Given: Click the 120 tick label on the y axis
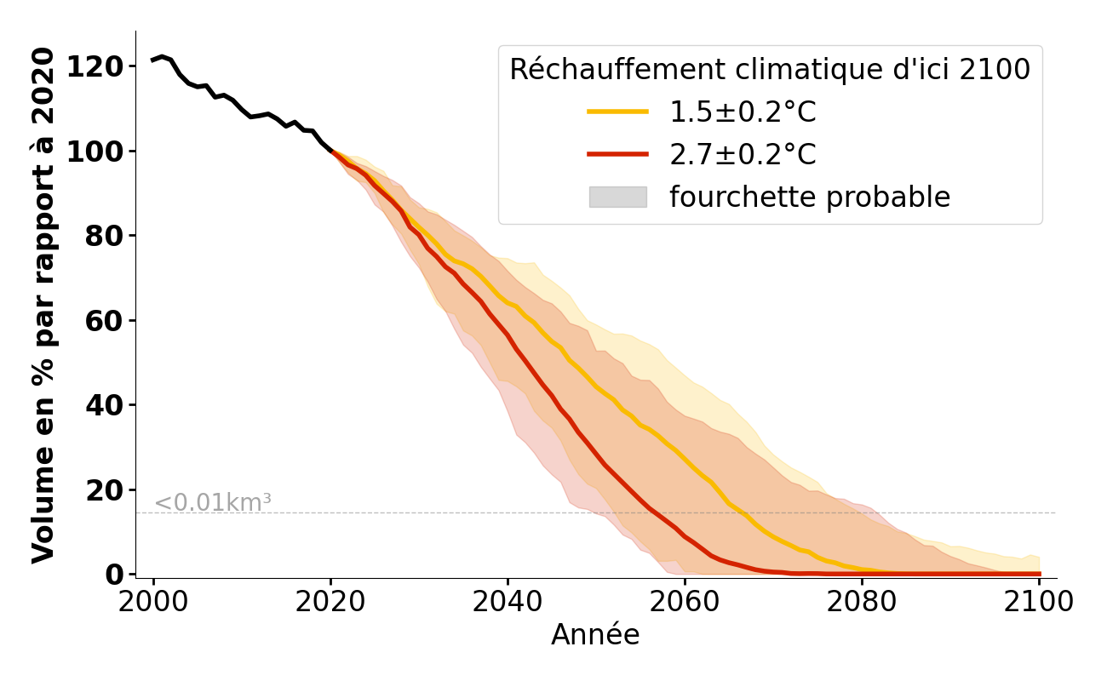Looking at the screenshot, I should pos(95,66).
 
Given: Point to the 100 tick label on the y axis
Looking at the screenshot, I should pos(95,152).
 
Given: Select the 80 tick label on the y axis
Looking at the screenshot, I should pos(103,236).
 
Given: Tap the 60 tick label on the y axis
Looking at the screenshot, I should pos(103,321).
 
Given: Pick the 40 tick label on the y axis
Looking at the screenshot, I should pos(103,405).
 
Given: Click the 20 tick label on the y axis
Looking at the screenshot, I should pos(103,490).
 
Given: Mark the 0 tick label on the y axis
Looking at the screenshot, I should pos(113,575).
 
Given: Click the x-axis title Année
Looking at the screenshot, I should pos(595,635).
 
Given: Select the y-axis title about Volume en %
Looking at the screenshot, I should pos(43,305).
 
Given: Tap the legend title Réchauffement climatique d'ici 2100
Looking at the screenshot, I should pos(770,70).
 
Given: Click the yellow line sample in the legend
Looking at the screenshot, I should pos(617,112).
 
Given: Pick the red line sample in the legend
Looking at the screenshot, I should pos(617,154).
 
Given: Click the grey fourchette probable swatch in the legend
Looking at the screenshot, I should pos(617,197).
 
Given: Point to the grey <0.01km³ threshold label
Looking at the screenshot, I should pos(213,503).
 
